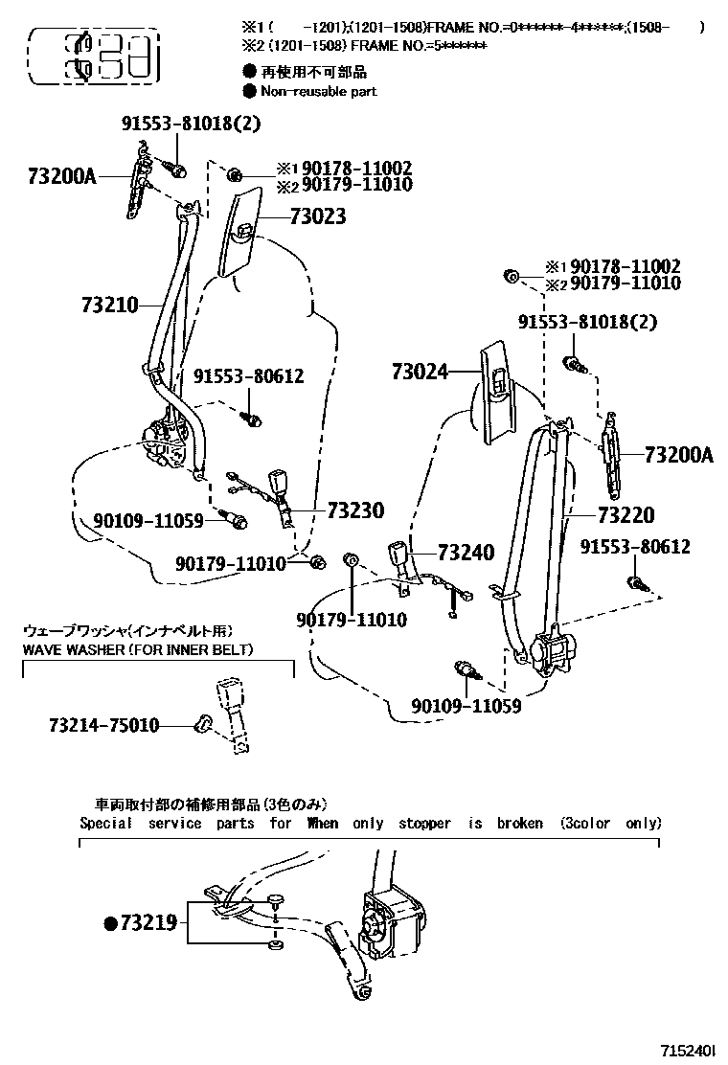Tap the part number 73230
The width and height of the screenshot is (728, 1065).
[355, 510]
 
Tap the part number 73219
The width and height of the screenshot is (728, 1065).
[148, 923]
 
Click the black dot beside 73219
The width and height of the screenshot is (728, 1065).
[110, 923]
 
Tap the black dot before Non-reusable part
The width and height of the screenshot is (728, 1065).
[250, 91]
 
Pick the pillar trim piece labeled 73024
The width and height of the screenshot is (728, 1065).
[497, 388]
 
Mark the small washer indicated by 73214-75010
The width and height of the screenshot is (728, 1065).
[202, 724]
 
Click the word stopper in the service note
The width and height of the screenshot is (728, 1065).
[424, 823]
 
